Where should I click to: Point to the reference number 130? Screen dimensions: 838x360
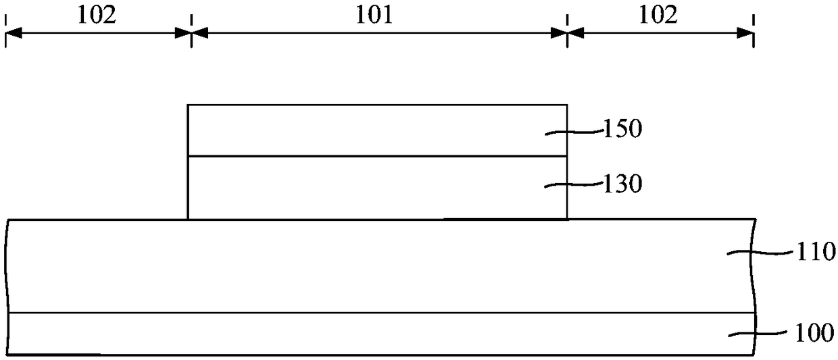point(622,184)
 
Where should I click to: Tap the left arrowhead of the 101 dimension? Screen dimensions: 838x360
point(199,33)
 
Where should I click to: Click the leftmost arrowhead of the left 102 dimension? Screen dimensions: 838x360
point(13,33)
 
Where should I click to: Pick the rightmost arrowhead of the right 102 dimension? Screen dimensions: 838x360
point(746,33)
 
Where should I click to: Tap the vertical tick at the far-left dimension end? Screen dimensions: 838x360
point(5,33)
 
